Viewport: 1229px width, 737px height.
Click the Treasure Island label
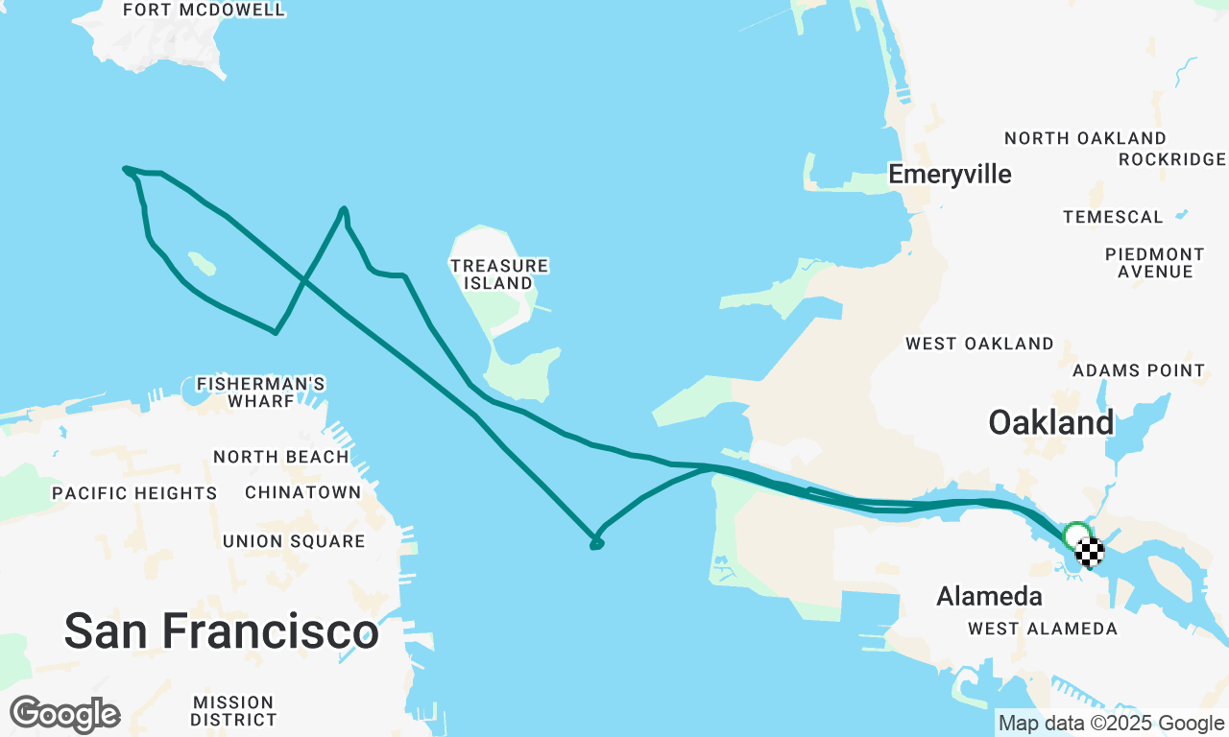click(x=499, y=274)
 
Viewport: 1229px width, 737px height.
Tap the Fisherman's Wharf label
click(x=260, y=392)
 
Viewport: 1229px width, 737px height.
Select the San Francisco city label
click(x=221, y=631)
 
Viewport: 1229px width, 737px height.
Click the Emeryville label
click(x=950, y=175)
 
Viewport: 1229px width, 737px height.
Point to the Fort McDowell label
click(x=205, y=11)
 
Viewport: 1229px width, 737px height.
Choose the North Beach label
click(x=281, y=457)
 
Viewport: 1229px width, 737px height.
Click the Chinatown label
click(x=303, y=492)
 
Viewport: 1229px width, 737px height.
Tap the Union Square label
click(x=294, y=541)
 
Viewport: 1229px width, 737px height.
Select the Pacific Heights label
click(x=134, y=493)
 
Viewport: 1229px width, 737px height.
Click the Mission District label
click(x=233, y=710)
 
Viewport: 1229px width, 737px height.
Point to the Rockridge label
click(x=1172, y=159)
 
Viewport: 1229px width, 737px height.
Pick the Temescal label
click(x=1113, y=217)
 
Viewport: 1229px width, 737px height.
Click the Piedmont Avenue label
click(x=1155, y=263)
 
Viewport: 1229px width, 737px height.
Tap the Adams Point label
click(x=1139, y=370)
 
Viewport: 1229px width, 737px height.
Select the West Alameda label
click(x=1043, y=629)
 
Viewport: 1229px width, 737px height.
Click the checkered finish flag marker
click(x=1090, y=552)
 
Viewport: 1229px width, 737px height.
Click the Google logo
click(x=64, y=714)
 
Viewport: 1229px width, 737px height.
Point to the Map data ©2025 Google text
click(x=1111, y=724)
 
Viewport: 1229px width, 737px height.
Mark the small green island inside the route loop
click(x=202, y=264)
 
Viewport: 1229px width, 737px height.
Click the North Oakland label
click(x=1085, y=138)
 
